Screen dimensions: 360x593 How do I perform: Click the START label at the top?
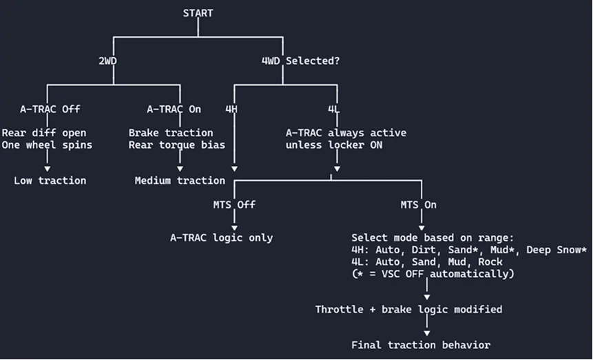point(198,13)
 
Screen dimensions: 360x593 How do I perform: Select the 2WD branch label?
point(108,61)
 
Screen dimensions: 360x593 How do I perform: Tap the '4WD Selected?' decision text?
point(300,61)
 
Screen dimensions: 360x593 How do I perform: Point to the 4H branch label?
point(233,109)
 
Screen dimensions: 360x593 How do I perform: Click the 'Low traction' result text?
point(50,180)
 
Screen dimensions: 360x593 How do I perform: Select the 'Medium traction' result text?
point(180,180)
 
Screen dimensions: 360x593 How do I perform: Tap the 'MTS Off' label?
point(234,204)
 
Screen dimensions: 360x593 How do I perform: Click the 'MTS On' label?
point(419,204)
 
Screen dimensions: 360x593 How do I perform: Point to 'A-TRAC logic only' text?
point(221,237)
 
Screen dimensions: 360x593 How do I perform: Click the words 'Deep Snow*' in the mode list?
point(556,250)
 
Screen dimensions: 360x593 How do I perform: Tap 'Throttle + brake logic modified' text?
point(408,309)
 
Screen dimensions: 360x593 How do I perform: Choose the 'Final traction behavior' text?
point(421,345)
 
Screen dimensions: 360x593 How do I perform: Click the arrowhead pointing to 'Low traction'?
point(48,167)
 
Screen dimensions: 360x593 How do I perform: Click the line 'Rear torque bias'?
point(176,145)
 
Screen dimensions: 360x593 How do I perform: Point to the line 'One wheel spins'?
point(47,145)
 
